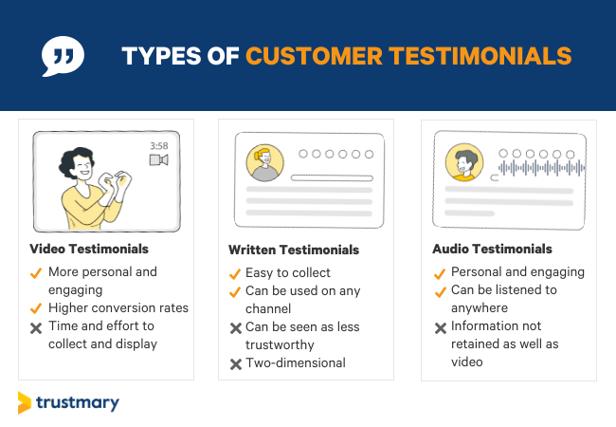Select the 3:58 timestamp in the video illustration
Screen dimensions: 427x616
tap(158, 146)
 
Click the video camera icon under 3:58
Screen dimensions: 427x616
tap(158, 160)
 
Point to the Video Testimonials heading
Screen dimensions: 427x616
tap(88, 249)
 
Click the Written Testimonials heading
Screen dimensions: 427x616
tap(294, 250)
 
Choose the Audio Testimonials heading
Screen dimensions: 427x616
tap(493, 249)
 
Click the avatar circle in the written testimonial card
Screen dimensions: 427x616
tap(264, 162)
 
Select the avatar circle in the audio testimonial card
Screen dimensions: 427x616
tap(463, 163)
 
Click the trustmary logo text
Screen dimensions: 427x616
tap(78, 402)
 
